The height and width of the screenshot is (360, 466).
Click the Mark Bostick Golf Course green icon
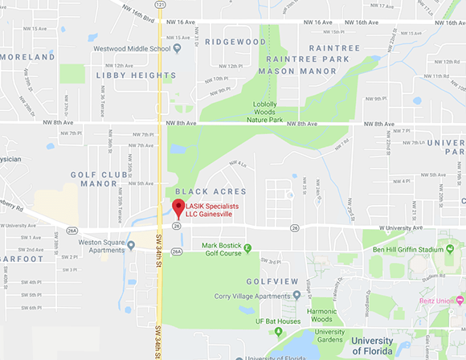point(247,247)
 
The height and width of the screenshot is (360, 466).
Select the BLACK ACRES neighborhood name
point(204,191)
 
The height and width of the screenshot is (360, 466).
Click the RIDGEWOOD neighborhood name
point(235,41)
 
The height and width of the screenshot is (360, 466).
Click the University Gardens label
point(329,336)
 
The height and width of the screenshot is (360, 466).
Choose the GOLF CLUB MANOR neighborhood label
point(94,178)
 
